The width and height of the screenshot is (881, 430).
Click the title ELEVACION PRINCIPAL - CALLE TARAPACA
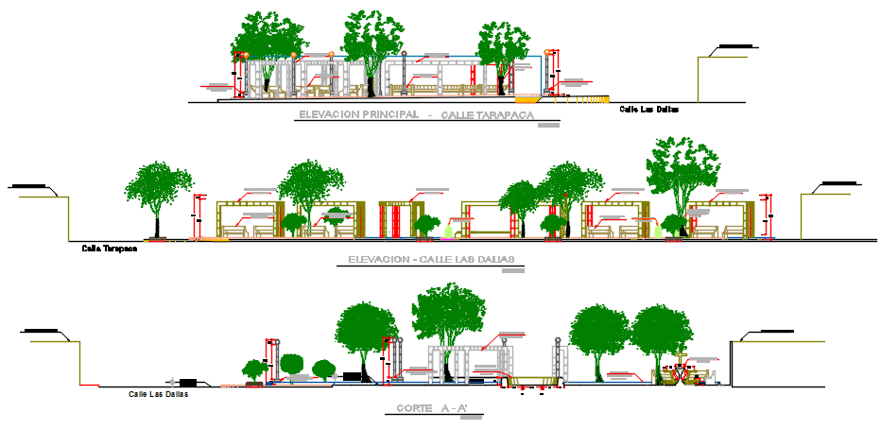tap(416, 115)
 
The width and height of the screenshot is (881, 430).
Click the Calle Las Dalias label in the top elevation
tap(648, 110)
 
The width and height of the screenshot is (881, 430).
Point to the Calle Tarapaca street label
tap(110, 249)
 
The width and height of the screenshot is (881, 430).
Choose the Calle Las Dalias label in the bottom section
tap(157, 394)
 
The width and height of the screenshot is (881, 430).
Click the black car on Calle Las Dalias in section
tap(188, 382)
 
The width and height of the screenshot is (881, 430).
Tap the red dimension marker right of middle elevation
tap(768, 215)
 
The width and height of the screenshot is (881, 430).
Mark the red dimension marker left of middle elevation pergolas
tap(199, 215)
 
